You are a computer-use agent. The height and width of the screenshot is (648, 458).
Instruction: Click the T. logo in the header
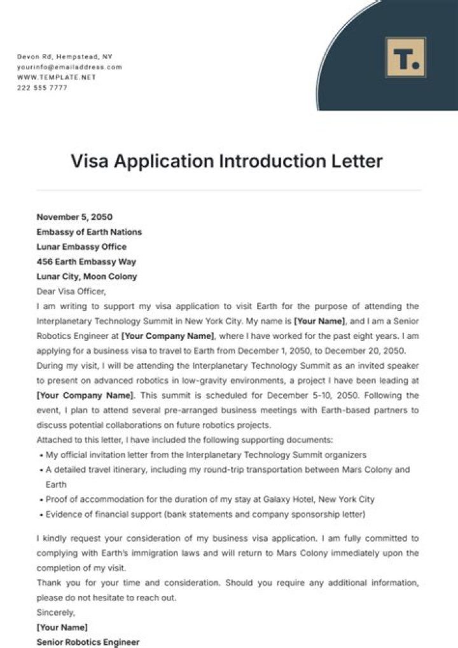coord(405,58)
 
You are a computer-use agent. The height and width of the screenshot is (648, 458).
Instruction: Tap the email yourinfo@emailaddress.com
coord(69,67)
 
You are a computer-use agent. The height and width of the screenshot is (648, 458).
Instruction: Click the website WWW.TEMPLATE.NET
coord(57,77)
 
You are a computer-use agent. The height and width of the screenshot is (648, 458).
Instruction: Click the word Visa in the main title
coord(92,161)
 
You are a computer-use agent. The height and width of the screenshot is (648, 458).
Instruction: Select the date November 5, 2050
coord(74,217)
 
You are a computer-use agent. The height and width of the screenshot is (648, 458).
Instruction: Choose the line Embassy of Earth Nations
coord(89,232)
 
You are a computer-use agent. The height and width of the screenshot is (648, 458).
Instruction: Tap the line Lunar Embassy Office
coord(81,247)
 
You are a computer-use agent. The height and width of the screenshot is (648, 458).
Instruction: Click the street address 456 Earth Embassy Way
coord(86,261)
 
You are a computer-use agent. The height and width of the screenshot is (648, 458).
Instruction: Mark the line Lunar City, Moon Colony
coord(87,277)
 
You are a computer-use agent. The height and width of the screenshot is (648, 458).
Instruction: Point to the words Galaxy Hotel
coord(299,499)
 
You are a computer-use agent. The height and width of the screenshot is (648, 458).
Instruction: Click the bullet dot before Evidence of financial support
coord(41,514)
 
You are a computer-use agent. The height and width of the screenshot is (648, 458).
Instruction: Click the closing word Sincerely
coord(56,612)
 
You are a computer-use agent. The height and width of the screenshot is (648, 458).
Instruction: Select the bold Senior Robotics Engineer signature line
coord(88,642)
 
